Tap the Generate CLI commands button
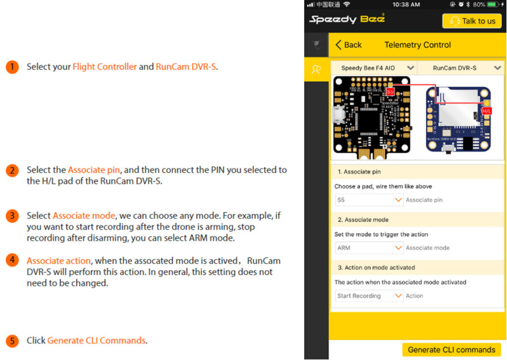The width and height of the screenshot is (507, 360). pos(451,349)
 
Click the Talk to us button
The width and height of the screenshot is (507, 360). pos(472,21)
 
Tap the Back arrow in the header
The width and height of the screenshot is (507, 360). pos(348,45)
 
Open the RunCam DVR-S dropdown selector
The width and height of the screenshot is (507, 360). pos(460,68)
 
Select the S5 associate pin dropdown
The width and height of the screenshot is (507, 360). pos(369,200)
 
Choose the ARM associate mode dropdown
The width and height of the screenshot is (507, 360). pos(369,248)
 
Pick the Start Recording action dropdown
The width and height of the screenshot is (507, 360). pos(369,296)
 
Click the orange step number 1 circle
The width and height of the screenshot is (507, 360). pos(12,66)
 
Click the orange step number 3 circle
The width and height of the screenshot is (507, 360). pos(12,216)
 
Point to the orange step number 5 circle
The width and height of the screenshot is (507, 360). pos(12,341)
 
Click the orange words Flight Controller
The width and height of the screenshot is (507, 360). pos(104,66)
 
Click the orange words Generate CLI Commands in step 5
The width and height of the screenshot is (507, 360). pos(96,341)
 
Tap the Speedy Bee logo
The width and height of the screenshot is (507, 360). pos(347,19)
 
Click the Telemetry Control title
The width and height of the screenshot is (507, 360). pos(417,45)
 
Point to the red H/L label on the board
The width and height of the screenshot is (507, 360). pos(487,111)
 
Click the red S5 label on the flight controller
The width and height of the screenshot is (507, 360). pos(390,91)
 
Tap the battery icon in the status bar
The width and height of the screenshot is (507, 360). pos(493,5)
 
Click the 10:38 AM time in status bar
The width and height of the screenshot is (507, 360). pos(406,5)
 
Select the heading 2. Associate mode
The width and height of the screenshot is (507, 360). pos(363,220)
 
